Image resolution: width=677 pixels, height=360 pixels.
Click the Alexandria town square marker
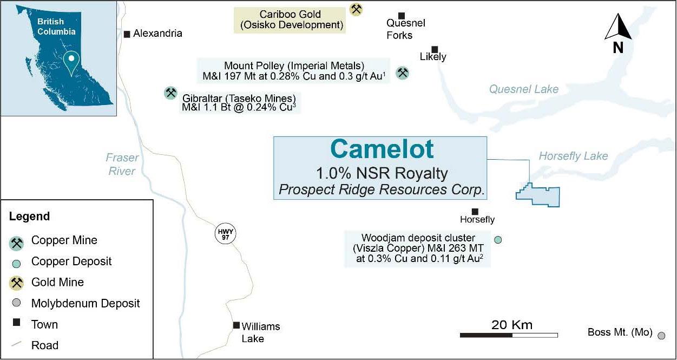point(127,34)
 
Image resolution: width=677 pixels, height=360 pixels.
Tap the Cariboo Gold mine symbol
point(356,9)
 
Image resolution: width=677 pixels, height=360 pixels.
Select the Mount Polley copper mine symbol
point(402,73)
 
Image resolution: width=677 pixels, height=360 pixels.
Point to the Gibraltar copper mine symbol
point(171,93)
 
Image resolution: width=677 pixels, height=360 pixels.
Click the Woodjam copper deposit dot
point(498,240)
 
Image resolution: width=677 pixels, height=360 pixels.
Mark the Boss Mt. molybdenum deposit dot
point(661,336)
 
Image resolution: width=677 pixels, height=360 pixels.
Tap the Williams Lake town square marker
point(236,325)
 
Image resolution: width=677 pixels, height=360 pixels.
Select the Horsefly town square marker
point(475,211)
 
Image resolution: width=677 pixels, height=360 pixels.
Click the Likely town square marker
point(435,49)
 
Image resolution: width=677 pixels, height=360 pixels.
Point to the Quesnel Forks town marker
point(402,16)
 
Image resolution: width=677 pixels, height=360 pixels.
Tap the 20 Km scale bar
point(509,335)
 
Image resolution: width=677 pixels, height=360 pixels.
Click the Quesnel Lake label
point(524,89)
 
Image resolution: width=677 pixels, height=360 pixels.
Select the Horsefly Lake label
point(573,156)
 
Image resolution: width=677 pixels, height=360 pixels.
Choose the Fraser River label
point(122,164)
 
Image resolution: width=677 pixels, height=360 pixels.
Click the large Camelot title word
point(382,149)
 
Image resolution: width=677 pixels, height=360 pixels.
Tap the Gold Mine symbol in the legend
point(16,283)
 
